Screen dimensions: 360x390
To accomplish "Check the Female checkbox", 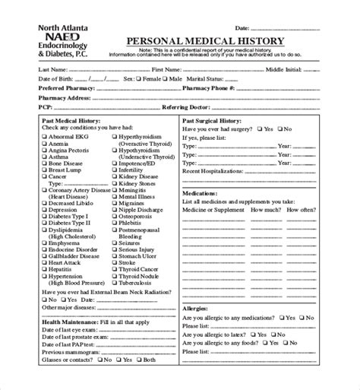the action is tap(139, 78).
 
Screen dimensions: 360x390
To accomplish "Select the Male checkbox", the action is tap(164, 78).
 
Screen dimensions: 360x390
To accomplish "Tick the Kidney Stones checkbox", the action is tap(115, 183).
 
